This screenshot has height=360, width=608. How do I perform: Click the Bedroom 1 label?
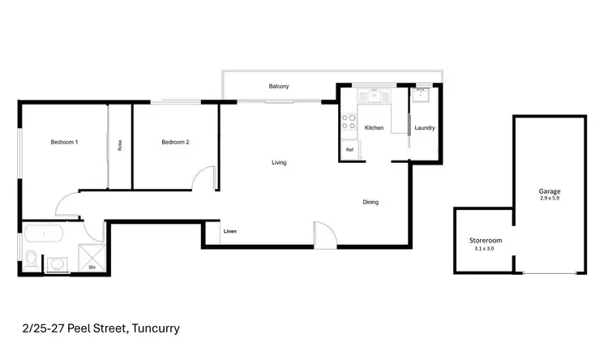[64, 143]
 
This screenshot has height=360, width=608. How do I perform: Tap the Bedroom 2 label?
[175, 143]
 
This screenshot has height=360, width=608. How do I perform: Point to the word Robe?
[120, 147]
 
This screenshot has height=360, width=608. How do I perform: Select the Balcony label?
[279, 86]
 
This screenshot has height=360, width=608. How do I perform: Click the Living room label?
[279, 163]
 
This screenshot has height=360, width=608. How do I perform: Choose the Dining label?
[370, 202]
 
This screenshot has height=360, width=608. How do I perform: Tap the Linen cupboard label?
[230, 233]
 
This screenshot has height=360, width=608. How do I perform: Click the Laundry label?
[425, 128]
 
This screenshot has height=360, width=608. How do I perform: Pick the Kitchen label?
[374, 128]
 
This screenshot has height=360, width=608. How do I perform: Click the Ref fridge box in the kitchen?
[350, 150]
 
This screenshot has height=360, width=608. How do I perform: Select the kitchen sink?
[374, 96]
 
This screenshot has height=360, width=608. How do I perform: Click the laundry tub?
[422, 96]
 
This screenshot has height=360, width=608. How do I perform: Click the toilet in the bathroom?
[31, 260]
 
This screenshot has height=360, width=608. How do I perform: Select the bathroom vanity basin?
[57, 264]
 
